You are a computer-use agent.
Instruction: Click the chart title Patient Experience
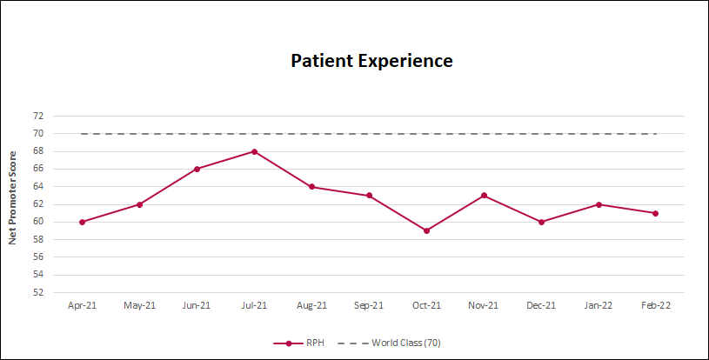pyautogui.click(x=371, y=61)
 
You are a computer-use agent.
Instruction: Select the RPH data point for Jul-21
pyautogui.click(x=254, y=151)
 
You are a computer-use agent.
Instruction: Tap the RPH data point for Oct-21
pyautogui.click(x=426, y=230)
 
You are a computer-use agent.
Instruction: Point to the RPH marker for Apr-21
pyautogui.click(x=82, y=222)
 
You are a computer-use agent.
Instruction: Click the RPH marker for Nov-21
pyautogui.click(x=484, y=196)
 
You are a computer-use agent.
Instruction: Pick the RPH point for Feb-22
pyautogui.click(x=655, y=213)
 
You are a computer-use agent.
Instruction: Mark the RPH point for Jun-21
pyautogui.click(x=197, y=169)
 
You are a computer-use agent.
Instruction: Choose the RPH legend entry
pyautogui.click(x=304, y=343)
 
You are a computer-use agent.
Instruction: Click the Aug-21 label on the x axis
pyautogui.click(x=311, y=305)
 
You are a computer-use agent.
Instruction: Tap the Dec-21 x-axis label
pyautogui.click(x=541, y=305)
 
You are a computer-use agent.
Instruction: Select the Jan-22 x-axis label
pyautogui.click(x=599, y=305)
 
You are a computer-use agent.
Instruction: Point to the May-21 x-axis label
pyautogui.click(x=139, y=305)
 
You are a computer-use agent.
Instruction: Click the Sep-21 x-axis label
pyautogui.click(x=369, y=305)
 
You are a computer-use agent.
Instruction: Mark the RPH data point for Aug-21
pyautogui.click(x=311, y=187)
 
